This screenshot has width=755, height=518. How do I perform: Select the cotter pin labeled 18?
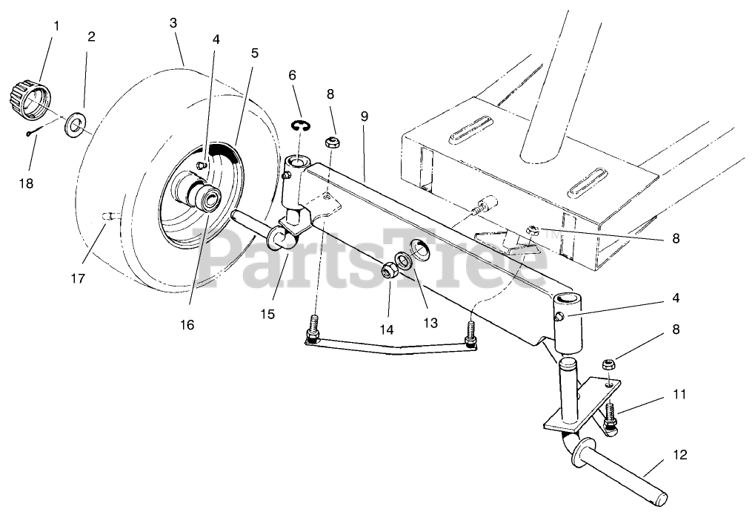point(30,133)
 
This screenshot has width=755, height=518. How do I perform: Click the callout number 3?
point(173,22)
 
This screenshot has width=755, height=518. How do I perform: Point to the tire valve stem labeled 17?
point(108,215)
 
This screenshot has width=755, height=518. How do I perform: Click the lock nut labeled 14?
point(388,271)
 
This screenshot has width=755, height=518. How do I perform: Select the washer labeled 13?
point(405,262)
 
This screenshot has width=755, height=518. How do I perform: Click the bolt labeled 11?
point(611,416)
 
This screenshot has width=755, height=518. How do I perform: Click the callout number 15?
point(267,314)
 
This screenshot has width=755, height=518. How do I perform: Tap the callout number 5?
point(254,53)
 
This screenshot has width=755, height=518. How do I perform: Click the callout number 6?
point(292,75)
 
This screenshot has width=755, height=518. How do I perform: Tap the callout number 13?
point(430,322)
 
